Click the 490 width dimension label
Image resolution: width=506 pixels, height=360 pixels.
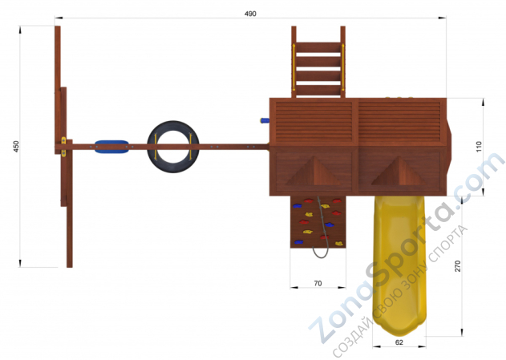(x=250, y=14)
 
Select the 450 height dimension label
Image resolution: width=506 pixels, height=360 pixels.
(x=16, y=147)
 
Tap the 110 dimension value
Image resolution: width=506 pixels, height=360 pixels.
(x=478, y=147)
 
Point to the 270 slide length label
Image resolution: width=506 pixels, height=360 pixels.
(x=458, y=266)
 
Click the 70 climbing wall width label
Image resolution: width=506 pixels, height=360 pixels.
(x=318, y=283)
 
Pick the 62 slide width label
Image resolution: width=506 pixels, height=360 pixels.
(x=399, y=342)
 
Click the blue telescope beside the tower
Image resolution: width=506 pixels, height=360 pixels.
(x=265, y=120)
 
